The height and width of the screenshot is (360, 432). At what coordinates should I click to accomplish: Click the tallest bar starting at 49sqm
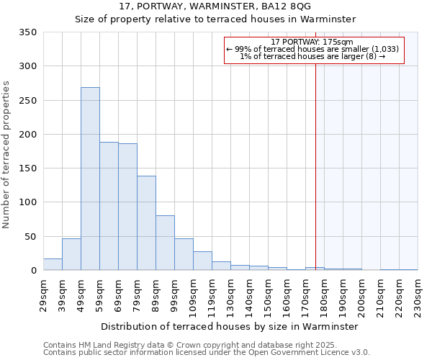(x=90, y=179)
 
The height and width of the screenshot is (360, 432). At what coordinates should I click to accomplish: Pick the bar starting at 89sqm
(x=165, y=243)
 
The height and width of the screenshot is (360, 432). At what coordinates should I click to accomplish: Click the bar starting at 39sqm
(x=71, y=254)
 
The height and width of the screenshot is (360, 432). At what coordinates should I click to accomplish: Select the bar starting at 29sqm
(x=53, y=264)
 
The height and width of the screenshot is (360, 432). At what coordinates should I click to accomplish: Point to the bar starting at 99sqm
(x=184, y=254)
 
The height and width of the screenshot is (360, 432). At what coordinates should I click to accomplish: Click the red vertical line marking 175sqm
(x=315, y=158)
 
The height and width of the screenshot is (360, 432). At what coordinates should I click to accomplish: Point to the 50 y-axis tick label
(x=30, y=236)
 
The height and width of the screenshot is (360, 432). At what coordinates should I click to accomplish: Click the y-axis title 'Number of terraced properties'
(x=7, y=154)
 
